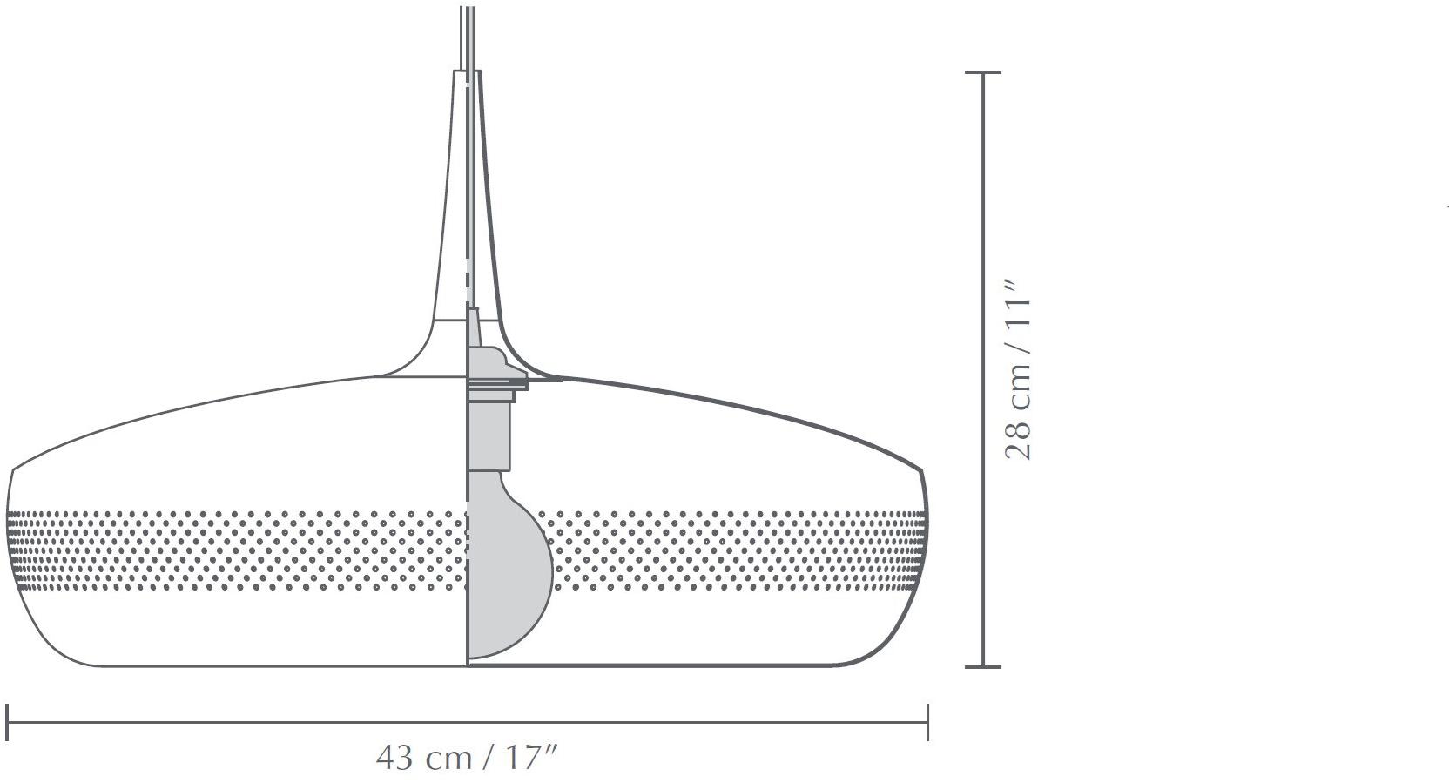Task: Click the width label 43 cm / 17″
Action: pyautogui.click(x=466, y=757)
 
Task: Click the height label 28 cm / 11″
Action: pyautogui.click(x=1017, y=369)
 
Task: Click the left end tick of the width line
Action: pyautogui.click(x=8, y=722)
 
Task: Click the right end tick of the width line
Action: pyautogui.click(x=927, y=722)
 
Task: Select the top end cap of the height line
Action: pyautogui.click(x=984, y=73)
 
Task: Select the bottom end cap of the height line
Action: pyautogui.click(x=984, y=667)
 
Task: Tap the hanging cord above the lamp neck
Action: pyautogui.click(x=468, y=35)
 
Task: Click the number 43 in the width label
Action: pyautogui.click(x=394, y=757)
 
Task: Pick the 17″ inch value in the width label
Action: pyautogui.click(x=530, y=757)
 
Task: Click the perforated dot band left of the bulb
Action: pyautogui.click(x=235, y=551)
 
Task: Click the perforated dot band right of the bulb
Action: pyautogui.click(x=740, y=551)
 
